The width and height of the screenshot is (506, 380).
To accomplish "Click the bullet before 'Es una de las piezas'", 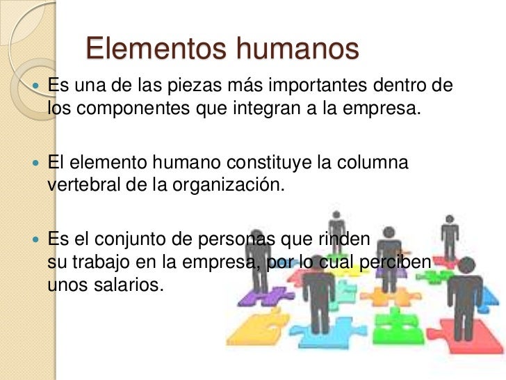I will pos(38,88).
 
